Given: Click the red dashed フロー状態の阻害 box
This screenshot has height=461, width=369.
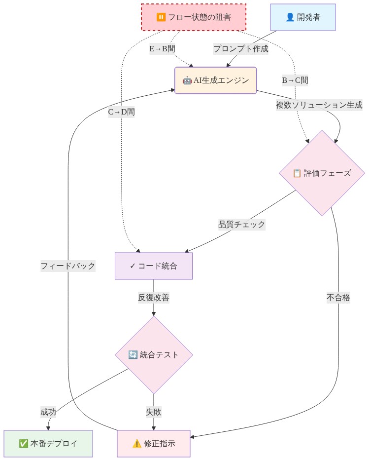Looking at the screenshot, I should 193,17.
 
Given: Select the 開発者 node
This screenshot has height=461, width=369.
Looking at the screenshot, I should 303,17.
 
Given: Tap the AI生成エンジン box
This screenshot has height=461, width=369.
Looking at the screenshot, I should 215,80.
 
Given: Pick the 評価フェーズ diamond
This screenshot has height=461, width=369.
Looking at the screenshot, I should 322,173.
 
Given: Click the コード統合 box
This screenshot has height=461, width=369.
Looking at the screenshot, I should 153,266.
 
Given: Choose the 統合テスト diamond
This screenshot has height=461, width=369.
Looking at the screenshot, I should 153,354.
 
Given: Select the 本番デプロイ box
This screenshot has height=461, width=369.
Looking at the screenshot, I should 48,443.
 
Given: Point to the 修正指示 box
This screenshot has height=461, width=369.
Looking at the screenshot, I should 153,443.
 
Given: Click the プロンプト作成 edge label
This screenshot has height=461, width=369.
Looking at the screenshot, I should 241,48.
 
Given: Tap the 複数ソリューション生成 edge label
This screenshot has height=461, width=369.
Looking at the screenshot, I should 319,105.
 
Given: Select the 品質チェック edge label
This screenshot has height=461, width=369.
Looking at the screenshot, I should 241,225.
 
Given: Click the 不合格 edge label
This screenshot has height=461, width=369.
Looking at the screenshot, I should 338,297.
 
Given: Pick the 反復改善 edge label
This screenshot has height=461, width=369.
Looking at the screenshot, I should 153,298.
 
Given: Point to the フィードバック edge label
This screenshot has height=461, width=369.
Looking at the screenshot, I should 68,266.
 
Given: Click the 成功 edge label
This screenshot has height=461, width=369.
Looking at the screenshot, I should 48,412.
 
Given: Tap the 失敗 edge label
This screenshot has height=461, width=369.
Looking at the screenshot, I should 153,412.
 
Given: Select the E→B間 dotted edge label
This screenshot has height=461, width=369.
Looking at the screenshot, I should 163,48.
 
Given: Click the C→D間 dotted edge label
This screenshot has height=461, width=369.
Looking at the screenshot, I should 122,112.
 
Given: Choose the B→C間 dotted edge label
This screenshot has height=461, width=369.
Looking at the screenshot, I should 295,80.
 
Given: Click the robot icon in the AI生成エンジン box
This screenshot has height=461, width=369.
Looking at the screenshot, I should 187,80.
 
